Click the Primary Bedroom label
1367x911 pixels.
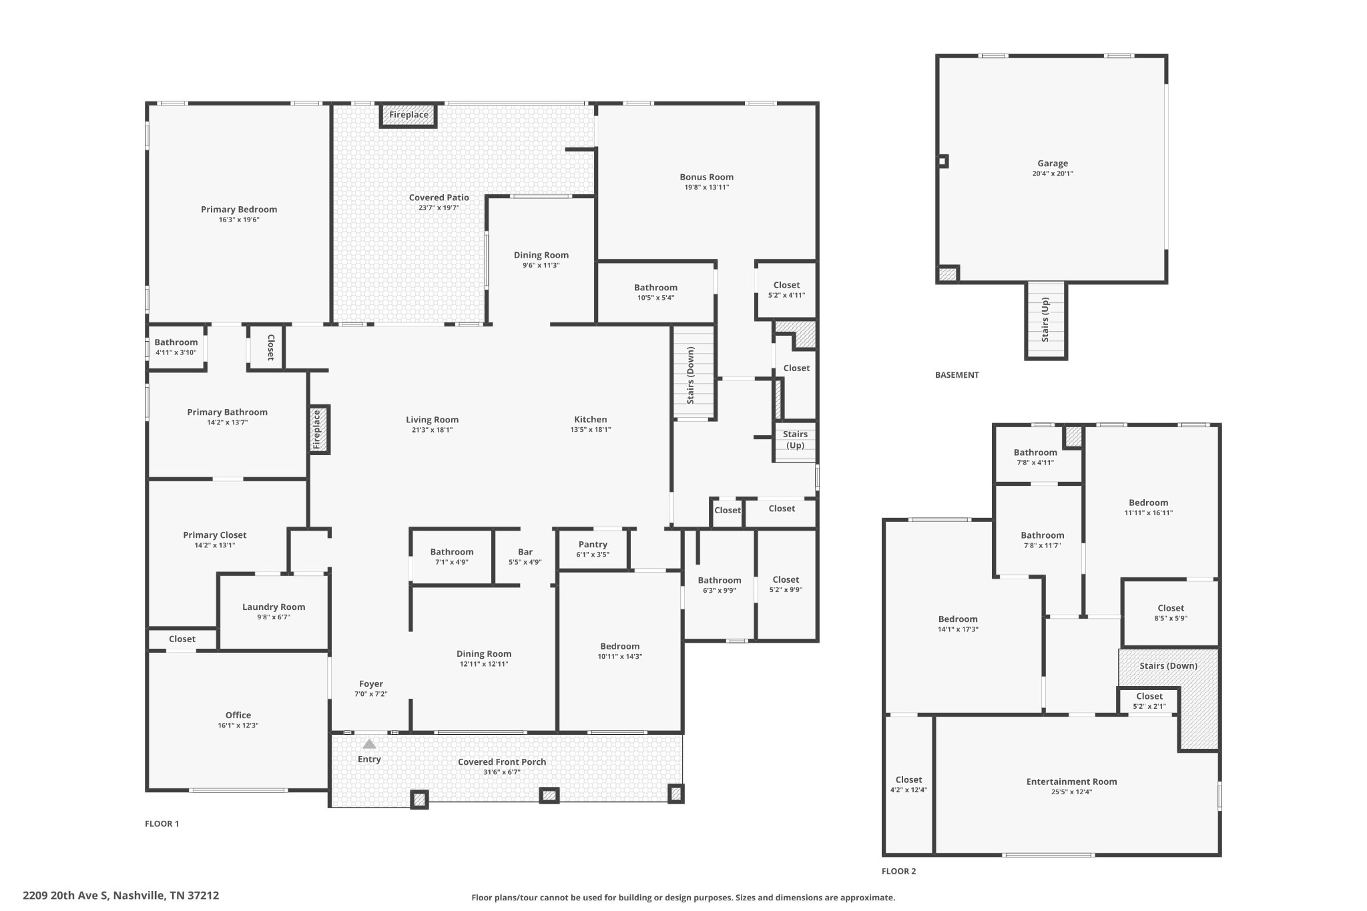239,210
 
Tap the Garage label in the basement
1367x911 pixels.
1053,164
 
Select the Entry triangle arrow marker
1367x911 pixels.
369,743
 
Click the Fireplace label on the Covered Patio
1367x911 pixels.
408,115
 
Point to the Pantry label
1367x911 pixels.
593,545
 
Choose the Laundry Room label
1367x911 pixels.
274,607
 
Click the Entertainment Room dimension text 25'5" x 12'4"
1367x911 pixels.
1072,792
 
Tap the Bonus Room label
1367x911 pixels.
707,177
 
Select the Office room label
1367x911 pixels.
238,715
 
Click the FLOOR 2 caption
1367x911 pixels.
899,871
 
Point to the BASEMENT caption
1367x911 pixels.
957,375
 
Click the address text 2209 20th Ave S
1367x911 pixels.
65,896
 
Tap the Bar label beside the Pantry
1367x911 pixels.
525,552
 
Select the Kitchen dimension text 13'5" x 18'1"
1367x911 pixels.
591,430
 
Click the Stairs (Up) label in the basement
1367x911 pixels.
1045,320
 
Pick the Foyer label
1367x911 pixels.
371,684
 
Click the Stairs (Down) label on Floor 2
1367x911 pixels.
1169,666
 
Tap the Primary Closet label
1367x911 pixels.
215,535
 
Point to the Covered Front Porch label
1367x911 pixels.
502,762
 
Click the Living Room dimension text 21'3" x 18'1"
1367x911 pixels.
433,430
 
